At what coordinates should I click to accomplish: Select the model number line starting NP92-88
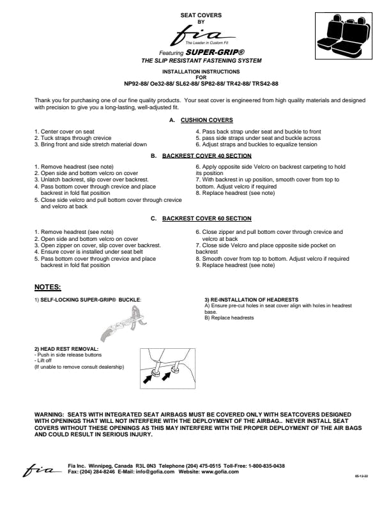pos(201,84)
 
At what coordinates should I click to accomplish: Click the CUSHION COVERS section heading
pos(206,119)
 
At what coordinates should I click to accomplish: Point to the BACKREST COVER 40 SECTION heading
pos(206,155)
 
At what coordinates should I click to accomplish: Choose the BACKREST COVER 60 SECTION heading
pos(206,218)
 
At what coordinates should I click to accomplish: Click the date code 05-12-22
pos(361,477)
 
